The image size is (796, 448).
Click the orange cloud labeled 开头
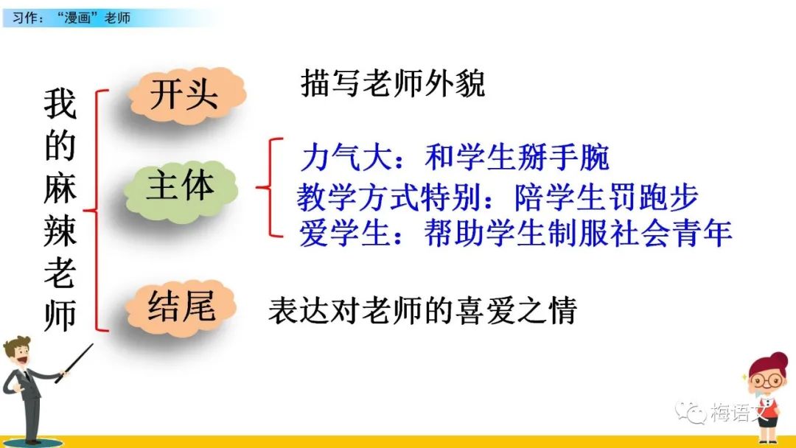click(187, 95)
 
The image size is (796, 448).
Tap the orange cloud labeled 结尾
click(181, 307)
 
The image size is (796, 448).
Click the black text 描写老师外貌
click(393, 83)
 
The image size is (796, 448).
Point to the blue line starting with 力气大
click(455, 158)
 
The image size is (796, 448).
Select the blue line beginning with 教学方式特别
click(498, 197)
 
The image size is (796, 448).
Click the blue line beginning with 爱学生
click(515, 234)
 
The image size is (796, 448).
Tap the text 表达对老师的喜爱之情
click(423, 310)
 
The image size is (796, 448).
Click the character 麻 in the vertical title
click(60, 189)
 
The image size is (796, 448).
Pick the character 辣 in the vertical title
click(60, 231)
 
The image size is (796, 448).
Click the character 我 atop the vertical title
click(60, 104)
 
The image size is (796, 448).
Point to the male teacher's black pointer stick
click(74, 363)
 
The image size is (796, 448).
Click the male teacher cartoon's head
click(18, 351)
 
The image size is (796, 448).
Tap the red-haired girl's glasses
click(767, 380)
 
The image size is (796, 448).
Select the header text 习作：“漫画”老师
click(71, 18)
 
